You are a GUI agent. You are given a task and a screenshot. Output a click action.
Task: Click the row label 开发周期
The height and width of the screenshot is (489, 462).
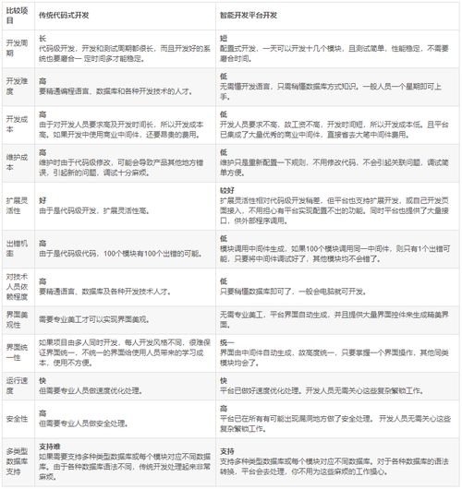(17, 47)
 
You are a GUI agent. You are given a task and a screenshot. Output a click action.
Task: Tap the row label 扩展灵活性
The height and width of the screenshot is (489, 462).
(17, 200)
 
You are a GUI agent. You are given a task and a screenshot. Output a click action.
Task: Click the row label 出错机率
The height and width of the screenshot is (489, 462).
(17, 242)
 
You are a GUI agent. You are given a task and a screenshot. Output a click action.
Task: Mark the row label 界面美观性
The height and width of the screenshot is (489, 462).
(17, 318)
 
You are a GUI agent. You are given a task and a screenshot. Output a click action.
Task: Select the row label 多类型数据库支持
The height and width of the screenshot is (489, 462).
(17, 460)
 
